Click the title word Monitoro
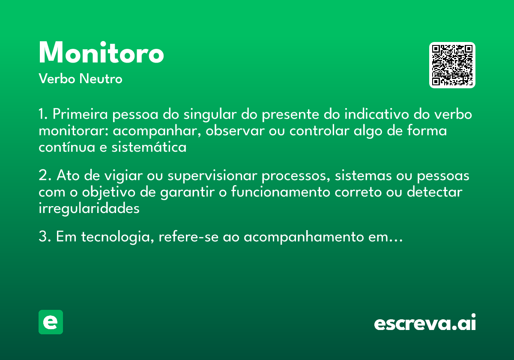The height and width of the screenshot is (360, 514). pyautogui.click(x=101, y=53)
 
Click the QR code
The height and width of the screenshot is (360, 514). pyautogui.click(x=452, y=65)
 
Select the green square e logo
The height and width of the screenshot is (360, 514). pyautogui.click(x=51, y=322)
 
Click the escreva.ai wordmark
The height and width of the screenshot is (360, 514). pyautogui.click(x=424, y=323)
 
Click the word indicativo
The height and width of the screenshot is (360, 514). pyautogui.click(x=373, y=115)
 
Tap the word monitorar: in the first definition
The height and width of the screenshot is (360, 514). pyautogui.click(x=74, y=131)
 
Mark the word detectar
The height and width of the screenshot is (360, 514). pyautogui.click(x=434, y=192)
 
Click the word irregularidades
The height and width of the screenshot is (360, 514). pyautogui.click(x=89, y=209)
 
